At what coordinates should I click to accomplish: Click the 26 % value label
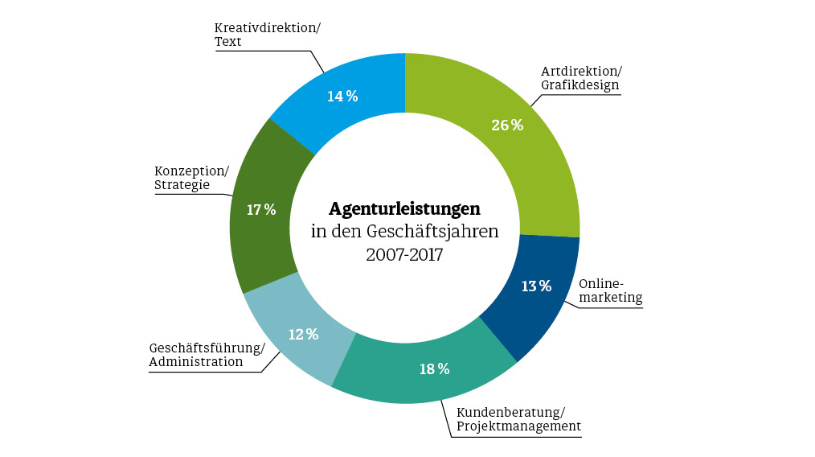click(506, 126)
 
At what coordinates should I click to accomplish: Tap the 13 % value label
click(535, 286)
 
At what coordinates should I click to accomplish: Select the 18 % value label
click(434, 369)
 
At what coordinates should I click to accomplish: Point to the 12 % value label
click(303, 334)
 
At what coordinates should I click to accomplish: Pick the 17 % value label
click(261, 210)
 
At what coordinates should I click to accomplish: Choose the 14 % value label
click(342, 97)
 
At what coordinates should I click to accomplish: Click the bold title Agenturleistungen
click(404, 208)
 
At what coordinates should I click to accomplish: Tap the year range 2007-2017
click(404, 255)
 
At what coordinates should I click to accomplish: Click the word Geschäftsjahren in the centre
click(432, 232)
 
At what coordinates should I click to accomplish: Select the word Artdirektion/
click(581, 71)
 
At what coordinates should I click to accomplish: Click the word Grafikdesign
click(580, 85)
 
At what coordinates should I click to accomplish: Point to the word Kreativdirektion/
click(267, 27)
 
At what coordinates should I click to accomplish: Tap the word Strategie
click(182, 185)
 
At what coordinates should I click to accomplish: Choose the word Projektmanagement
click(518, 426)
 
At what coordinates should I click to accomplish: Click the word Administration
click(196, 362)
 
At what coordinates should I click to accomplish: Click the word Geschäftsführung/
click(207, 348)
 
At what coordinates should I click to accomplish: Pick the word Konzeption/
click(191, 171)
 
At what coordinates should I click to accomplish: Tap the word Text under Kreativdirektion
click(229, 42)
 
